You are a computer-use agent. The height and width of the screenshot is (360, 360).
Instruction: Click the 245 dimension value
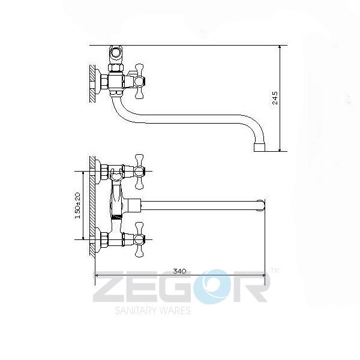(275, 98)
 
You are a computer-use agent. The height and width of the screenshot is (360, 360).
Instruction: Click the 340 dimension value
(179, 271)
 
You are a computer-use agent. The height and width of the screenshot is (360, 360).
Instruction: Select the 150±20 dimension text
(78, 205)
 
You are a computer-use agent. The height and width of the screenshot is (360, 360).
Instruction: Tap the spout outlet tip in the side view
(259, 148)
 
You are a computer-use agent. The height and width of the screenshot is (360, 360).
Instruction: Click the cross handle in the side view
(139, 81)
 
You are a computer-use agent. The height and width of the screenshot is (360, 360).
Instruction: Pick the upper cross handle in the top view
(139, 172)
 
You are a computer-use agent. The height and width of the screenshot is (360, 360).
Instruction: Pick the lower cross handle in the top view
(139, 239)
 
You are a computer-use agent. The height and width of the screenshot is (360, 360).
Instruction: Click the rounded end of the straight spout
(261, 205)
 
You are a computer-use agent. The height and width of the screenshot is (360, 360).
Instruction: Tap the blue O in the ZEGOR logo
(211, 287)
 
